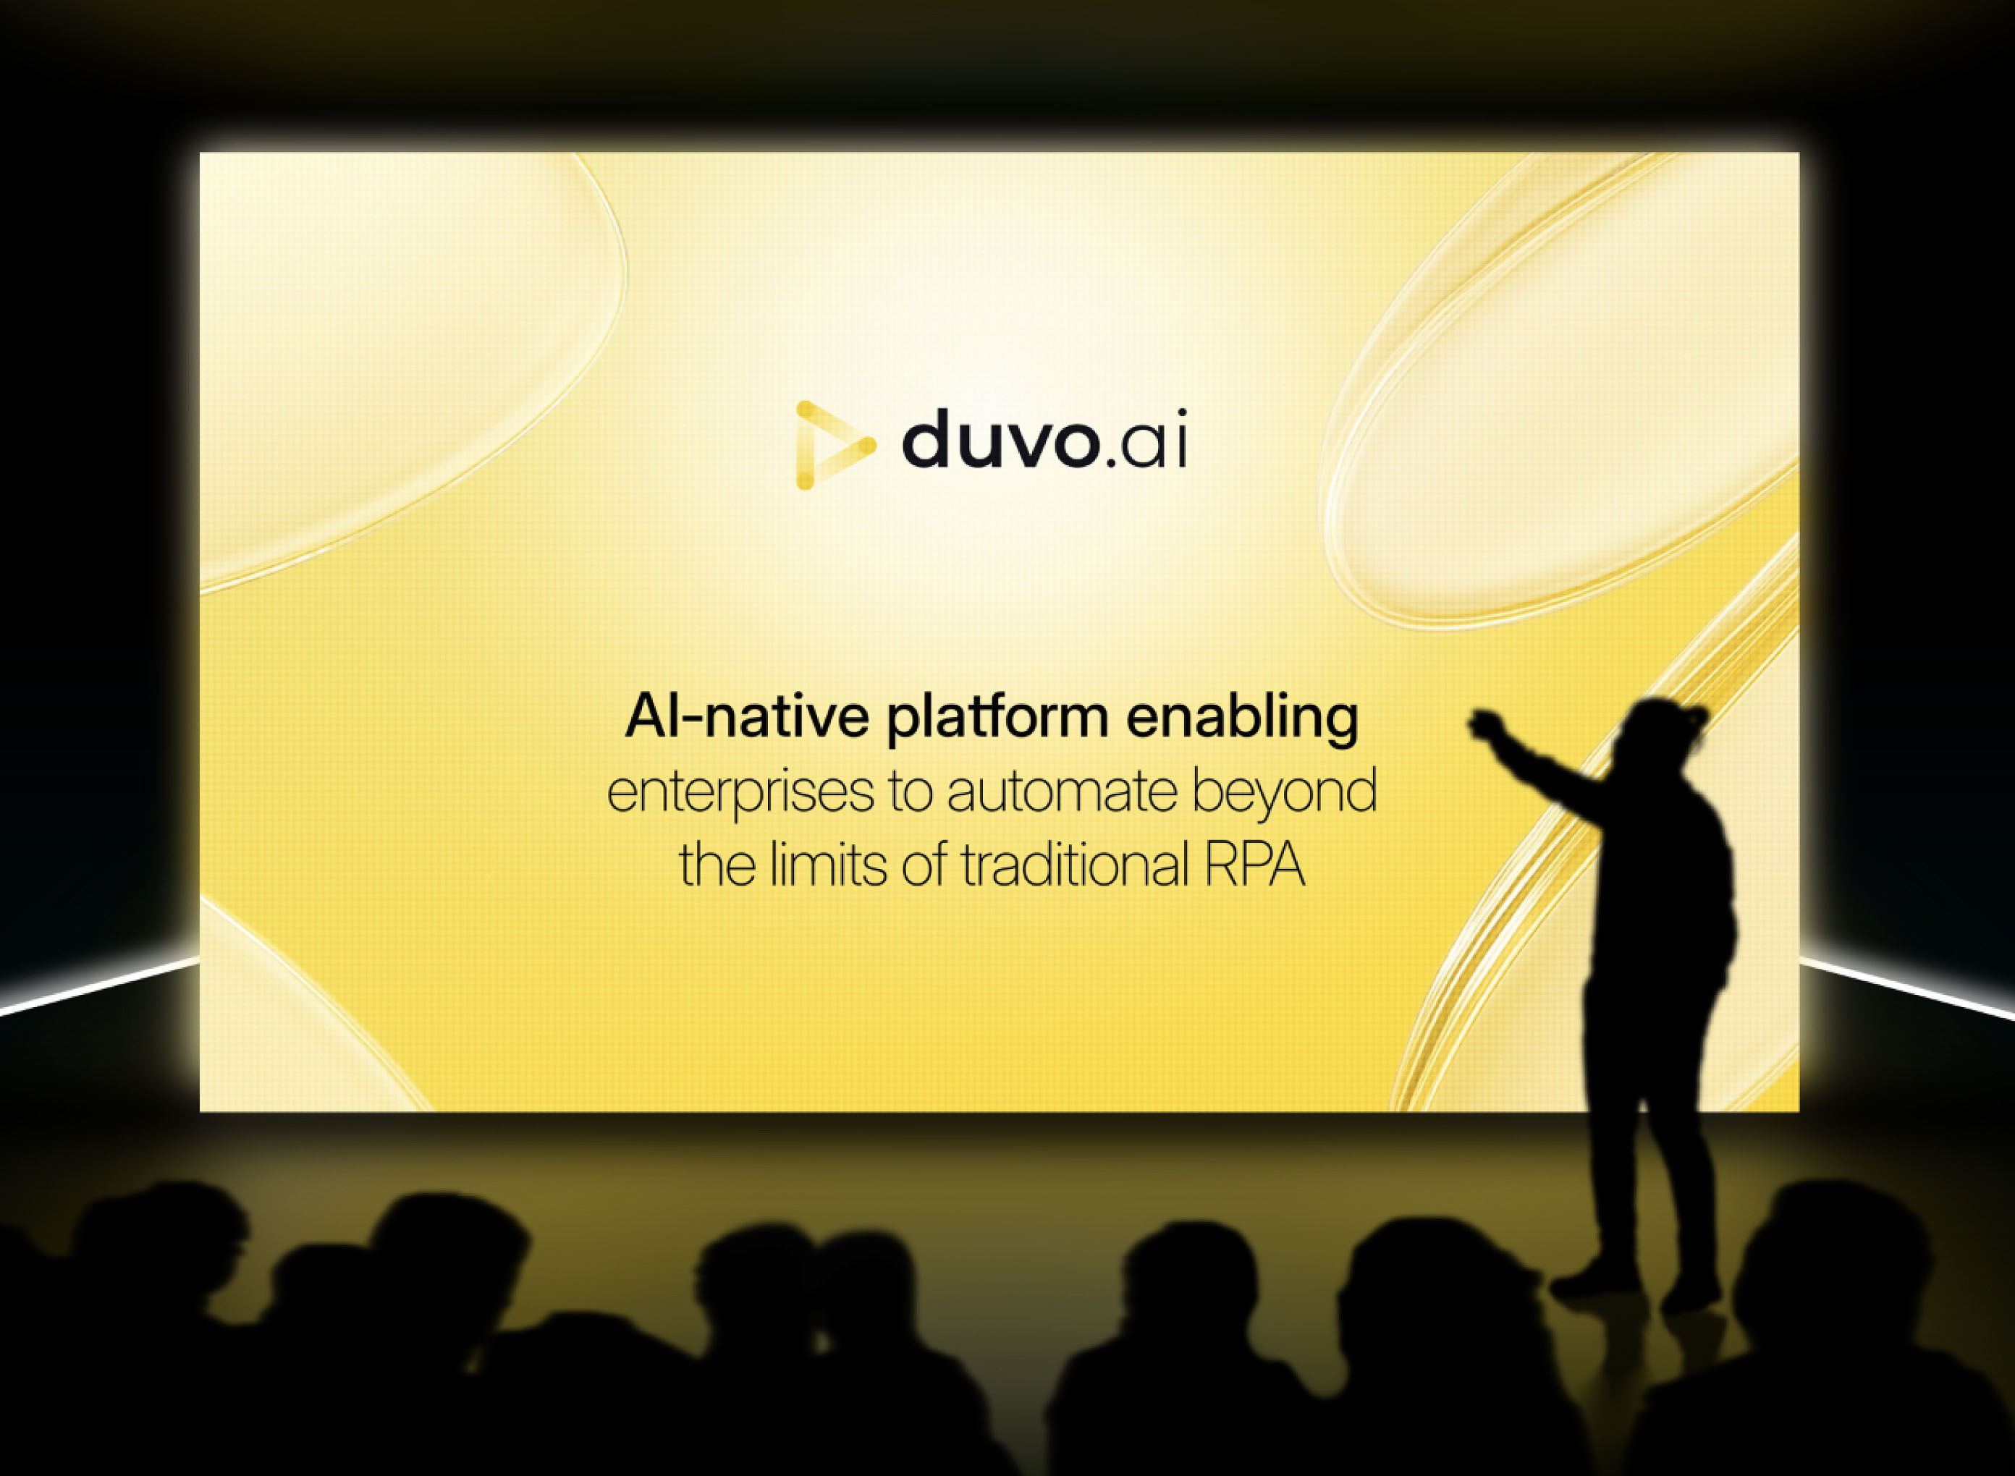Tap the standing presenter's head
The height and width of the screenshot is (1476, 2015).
[1660, 734]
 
